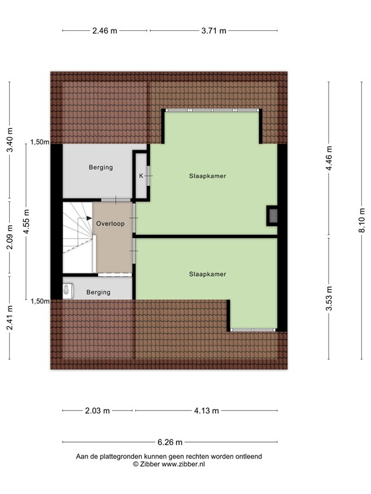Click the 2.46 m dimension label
point(105,30)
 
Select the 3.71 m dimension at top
point(213,30)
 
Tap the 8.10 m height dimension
point(361,224)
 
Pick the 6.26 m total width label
point(170,442)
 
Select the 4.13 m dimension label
point(206,411)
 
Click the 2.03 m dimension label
point(97,411)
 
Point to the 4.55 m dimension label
point(26,221)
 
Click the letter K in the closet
point(141,176)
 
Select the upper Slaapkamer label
point(207,176)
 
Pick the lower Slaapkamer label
point(207,274)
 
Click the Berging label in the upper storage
point(100,167)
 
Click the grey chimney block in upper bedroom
point(273,215)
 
